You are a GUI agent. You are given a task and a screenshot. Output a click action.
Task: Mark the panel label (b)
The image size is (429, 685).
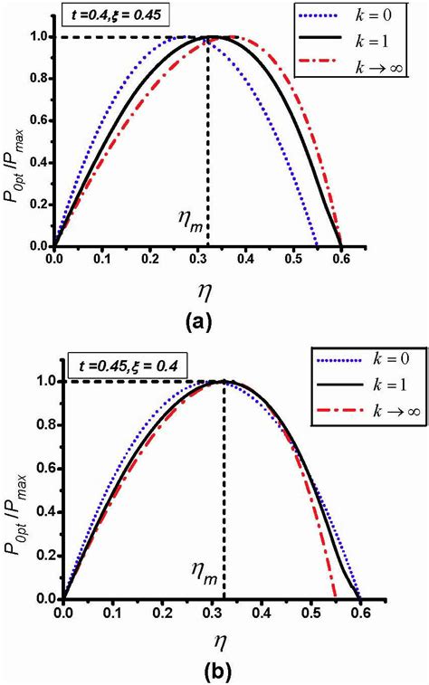click(214, 672)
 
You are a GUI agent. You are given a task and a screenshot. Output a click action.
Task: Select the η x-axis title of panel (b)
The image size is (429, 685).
click(214, 643)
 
